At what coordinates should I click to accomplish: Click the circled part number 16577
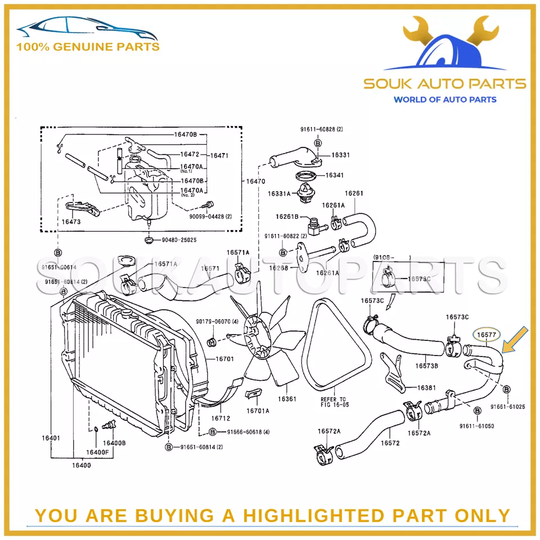487,335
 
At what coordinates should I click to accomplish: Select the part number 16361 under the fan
287,399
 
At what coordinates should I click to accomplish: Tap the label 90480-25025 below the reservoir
179,240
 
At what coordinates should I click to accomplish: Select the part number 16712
221,418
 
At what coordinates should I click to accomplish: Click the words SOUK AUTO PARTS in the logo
444,84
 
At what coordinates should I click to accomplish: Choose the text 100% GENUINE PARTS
87,47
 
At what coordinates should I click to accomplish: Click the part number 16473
71,222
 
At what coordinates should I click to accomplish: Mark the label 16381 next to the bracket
426,388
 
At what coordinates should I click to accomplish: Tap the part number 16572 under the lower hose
390,443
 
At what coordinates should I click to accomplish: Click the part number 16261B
287,216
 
